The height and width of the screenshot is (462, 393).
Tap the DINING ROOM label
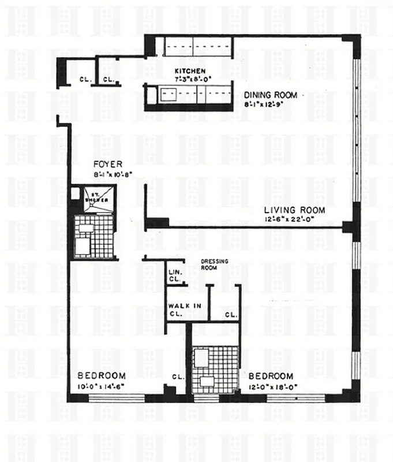coord(270,95)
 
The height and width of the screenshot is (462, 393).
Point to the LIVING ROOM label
coord(294,210)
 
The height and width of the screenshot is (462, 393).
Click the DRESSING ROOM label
coord(215,264)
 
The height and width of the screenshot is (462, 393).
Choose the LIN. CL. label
coord(175,275)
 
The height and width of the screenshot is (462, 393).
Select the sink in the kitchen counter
coord(170,94)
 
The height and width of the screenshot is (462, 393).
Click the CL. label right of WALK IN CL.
coord(231,315)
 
